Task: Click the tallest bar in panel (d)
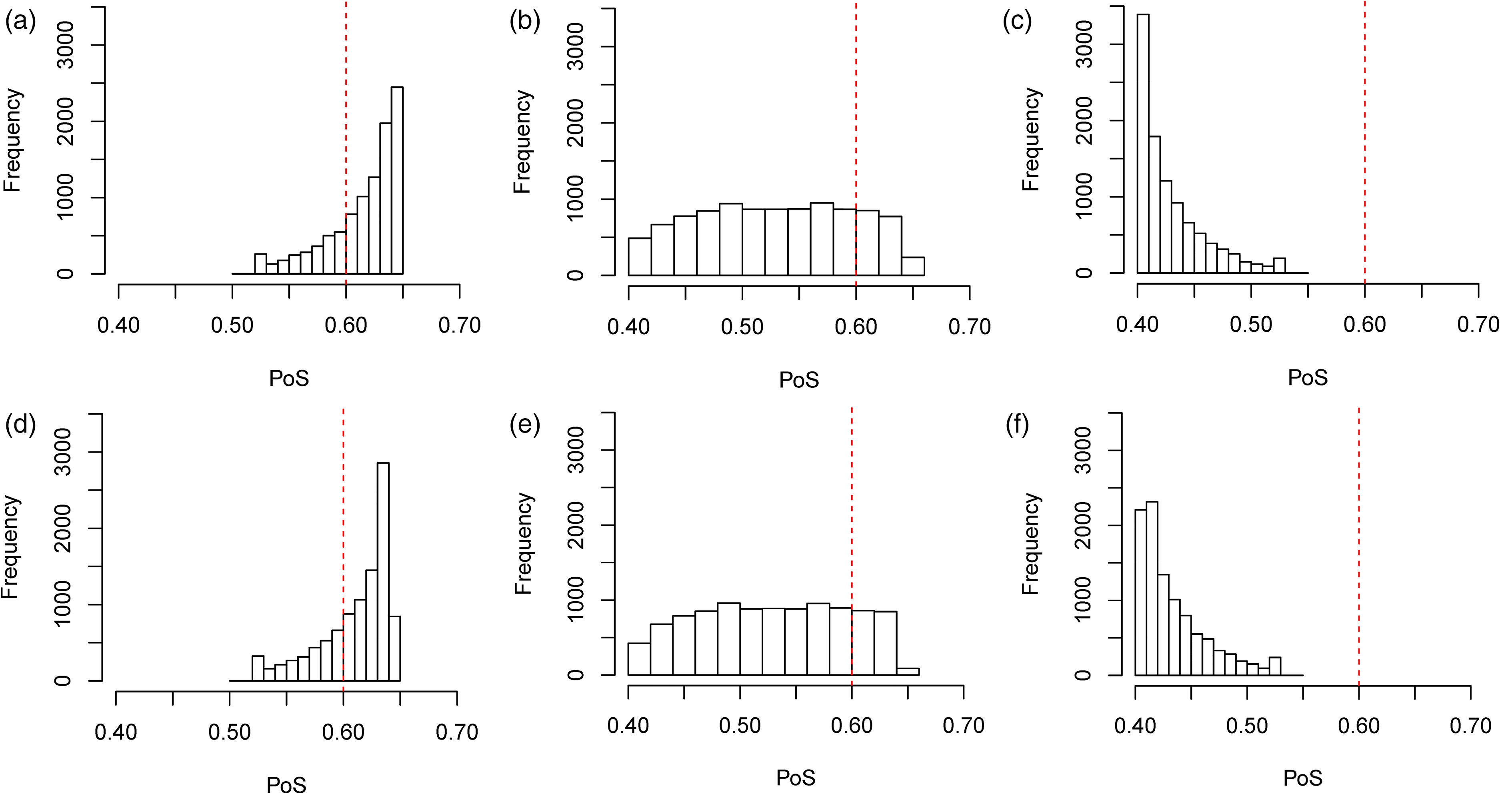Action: (x=383, y=571)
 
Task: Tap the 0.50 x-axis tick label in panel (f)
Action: (x=1247, y=726)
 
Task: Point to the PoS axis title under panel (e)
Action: (x=796, y=778)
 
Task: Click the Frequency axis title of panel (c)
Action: (x=1031, y=140)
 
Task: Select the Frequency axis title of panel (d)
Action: (x=10, y=547)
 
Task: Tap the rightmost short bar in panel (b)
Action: (x=912, y=266)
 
